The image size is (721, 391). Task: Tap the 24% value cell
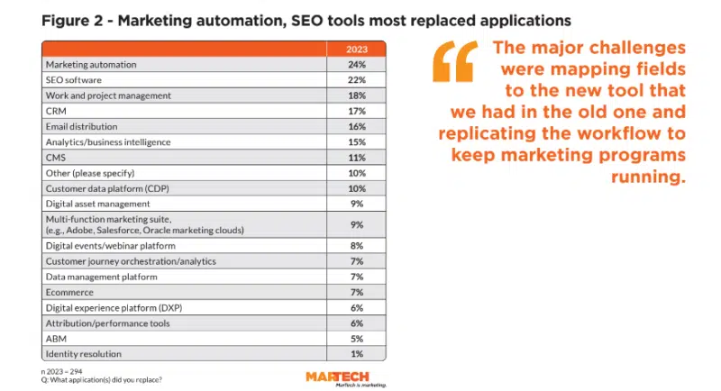point(357,64)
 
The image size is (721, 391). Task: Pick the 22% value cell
point(357,79)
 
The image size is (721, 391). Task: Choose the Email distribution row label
point(81,126)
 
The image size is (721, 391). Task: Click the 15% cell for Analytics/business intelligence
point(357,141)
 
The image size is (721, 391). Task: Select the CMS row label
point(55,157)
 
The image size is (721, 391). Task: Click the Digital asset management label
point(92,204)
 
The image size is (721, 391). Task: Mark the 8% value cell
point(357,245)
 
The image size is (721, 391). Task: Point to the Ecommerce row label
point(68,292)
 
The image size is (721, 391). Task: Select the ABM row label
point(55,338)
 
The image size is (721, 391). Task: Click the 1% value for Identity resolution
point(357,354)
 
